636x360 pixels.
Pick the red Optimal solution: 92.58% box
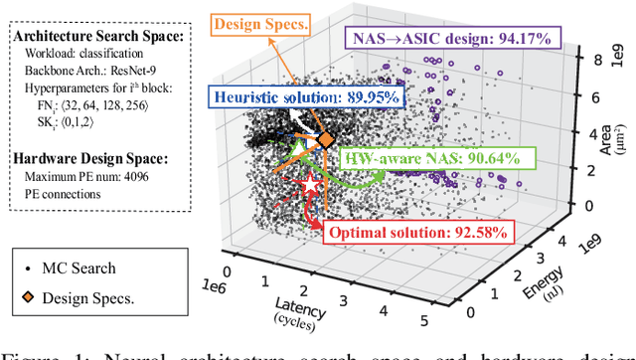point(417,233)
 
